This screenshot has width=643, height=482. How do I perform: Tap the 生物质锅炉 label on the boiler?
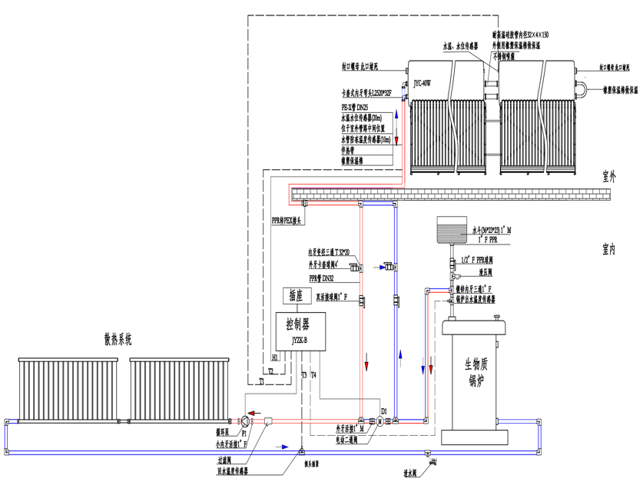pyautogui.click(x=476, y=371)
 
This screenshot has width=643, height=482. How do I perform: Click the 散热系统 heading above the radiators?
pyautogui.click(x=119, y=338)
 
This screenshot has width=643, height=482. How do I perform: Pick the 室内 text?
pyautogui.click(x=610, y=249)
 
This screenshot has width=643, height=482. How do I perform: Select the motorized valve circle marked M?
pyautogui.click(x=380, y=421)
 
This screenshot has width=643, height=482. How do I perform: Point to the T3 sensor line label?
pyautogui.click(x=303, y=375)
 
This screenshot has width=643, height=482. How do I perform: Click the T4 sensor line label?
pyautogui.click(x=313, y=375)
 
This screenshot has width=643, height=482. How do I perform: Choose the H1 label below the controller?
pyautogui.click(x=275, y=358)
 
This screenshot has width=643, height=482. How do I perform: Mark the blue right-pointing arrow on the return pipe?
pyautogui.click(x=284, y=447)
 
